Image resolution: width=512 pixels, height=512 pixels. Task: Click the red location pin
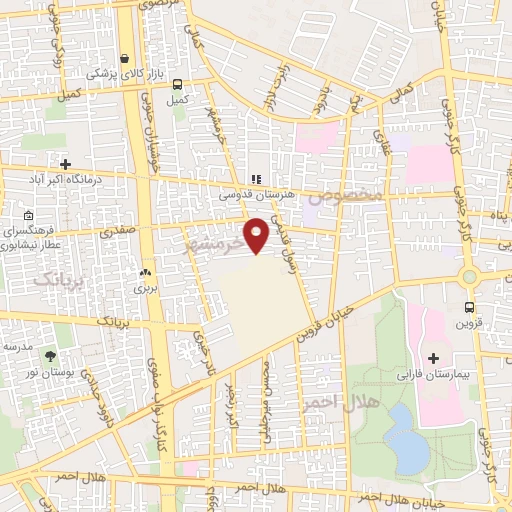coord(257,235)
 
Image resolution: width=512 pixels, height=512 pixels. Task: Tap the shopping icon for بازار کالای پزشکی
coord(124,58)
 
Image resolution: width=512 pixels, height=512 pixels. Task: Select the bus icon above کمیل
coord(177,85)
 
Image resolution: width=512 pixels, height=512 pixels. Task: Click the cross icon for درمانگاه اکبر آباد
coord(66,163)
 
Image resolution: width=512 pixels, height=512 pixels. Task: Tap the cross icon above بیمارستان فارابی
coord(433,358)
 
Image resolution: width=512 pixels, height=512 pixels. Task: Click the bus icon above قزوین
coord(469,307)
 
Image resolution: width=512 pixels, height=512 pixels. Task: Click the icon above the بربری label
coord(146,272)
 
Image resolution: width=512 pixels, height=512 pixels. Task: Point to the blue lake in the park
coord(406,437)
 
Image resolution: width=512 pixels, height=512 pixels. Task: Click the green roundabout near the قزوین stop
coord(469,276)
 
